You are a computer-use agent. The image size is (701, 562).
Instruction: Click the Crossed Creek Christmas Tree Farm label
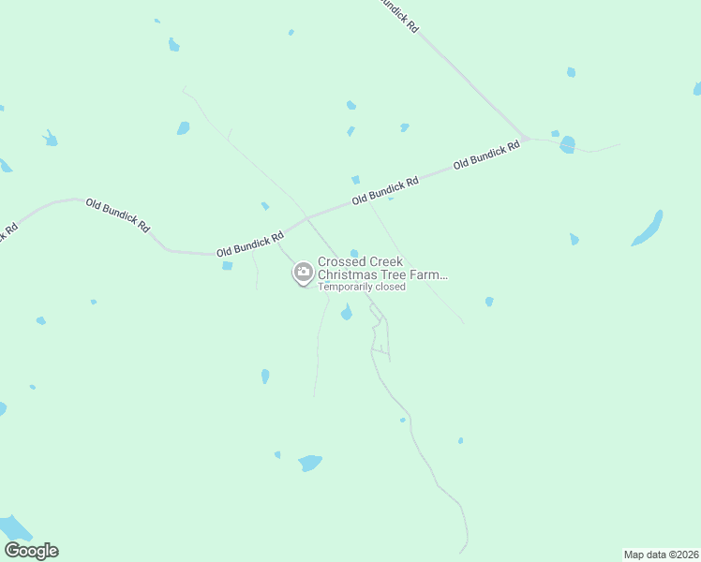(382, 269)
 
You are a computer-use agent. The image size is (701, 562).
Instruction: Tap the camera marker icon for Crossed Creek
(303, 273)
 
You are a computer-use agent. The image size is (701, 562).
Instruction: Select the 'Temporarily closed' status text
(362, 288)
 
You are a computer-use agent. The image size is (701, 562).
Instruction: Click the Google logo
(31, 551)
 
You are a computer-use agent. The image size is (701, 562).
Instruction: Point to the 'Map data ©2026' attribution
(661, 554)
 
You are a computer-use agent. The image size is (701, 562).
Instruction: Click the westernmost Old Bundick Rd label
(117, 214)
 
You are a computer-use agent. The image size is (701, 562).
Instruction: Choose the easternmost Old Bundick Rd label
(486, 155)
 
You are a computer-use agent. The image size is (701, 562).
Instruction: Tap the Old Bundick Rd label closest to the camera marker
(249, 245)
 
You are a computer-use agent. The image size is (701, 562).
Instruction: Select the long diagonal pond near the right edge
(648, 228)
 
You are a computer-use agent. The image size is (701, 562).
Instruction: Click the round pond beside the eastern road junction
(567, 144)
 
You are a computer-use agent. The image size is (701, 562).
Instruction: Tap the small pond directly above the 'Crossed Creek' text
(354, 253)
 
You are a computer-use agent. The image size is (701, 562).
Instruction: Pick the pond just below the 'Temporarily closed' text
(347, 314)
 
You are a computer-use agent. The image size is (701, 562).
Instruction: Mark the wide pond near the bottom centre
(309, 463)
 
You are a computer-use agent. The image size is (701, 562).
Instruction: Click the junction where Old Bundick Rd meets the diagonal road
(527, 139)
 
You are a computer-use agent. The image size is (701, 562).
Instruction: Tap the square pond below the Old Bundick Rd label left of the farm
(227, 266)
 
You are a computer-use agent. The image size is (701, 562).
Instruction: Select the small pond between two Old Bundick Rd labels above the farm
(355, 180)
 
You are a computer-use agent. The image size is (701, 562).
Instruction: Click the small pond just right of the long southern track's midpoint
(403, 421)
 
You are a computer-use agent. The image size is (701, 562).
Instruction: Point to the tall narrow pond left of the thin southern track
(265, 377)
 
